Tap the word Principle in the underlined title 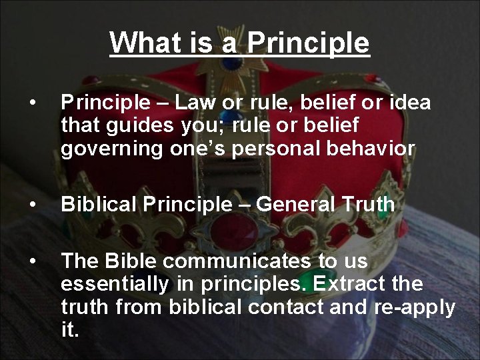coord(307,43)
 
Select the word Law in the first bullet coord(193,103)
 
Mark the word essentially coord(115,284)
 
